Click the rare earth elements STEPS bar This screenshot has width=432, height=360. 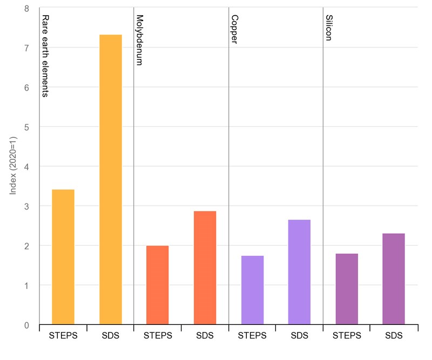pos(63,257)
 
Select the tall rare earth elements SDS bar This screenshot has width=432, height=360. pos(110,179)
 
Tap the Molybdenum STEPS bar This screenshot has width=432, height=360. pos(158,285)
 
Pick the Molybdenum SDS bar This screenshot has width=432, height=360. pos(205,268)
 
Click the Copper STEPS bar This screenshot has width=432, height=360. pos(252,290)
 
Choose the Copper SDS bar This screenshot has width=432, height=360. pos(299,272)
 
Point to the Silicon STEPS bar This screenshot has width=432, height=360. pos(347,289)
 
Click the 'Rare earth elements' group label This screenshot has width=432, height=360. pos(46,56)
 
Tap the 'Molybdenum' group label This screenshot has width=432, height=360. pos(139,40)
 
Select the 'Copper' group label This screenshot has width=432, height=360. pos(234,30)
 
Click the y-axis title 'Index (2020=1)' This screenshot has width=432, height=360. pos(15,166)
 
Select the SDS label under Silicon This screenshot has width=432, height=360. pos(394,336)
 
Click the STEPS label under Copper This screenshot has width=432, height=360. pos(252,336)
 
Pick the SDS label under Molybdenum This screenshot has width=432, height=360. pos(205,336)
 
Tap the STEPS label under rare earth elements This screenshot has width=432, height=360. pos(63,336)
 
